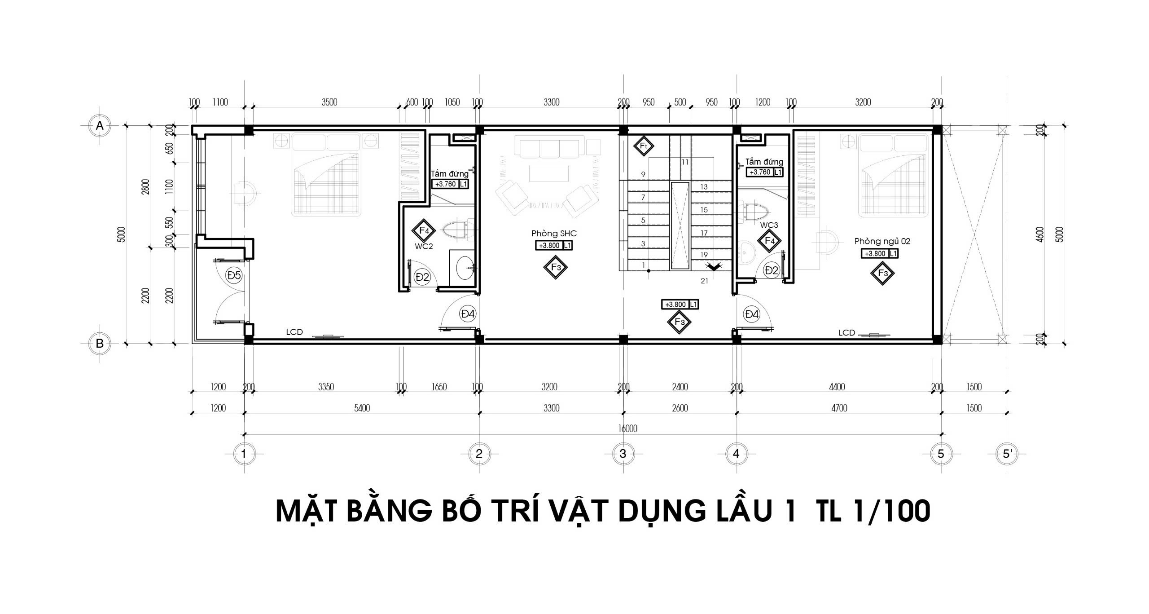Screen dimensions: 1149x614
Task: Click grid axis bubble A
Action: [100, 126]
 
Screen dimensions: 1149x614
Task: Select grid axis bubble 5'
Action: [1007, 454]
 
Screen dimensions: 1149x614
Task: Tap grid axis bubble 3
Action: [623, 454]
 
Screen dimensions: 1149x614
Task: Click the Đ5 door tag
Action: [234, 275]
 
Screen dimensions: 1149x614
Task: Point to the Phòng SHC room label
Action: [554, 234]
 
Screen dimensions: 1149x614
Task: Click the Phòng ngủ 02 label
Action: [882, 241]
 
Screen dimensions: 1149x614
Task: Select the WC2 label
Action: [424, 246]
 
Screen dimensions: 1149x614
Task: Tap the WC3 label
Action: [769, 225]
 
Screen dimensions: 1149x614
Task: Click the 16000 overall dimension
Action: [627, 428]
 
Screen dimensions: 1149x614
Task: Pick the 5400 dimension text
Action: [362, 408]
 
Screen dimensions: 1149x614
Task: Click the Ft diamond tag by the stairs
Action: [643, 146]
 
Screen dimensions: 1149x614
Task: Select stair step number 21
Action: [704, 281]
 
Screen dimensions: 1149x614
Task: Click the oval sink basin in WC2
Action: [465, 268]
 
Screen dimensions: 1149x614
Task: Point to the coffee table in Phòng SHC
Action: [549, 173]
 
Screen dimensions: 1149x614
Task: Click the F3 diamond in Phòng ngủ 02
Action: [882, 273]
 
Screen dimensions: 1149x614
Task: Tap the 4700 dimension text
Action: [839, 408]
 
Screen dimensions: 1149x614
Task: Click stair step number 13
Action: [704, 187]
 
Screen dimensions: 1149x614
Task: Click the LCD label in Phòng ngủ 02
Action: [846, 333]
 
